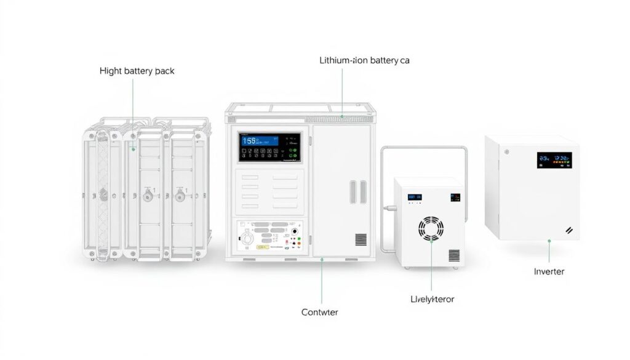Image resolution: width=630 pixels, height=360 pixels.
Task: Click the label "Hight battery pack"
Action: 137,71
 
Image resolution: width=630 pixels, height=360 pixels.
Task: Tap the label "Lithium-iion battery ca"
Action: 364,60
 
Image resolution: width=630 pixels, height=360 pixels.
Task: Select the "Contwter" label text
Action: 319,312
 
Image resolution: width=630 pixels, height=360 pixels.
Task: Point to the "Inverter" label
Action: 549,271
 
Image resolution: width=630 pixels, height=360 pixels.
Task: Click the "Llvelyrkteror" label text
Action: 432,299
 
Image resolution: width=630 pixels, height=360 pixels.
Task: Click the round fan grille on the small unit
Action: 431,228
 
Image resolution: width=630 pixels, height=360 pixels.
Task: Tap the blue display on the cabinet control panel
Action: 258,140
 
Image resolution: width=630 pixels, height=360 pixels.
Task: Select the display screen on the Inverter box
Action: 554,160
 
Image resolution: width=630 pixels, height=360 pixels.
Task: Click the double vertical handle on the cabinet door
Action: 357,191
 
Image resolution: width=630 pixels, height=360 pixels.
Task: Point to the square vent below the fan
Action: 454,255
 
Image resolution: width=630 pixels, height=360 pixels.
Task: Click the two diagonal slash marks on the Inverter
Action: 569,230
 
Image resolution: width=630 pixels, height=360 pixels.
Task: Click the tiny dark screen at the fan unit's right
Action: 455,198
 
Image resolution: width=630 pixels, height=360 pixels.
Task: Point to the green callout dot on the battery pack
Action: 133,148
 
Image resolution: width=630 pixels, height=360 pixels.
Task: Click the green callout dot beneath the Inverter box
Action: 549,242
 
